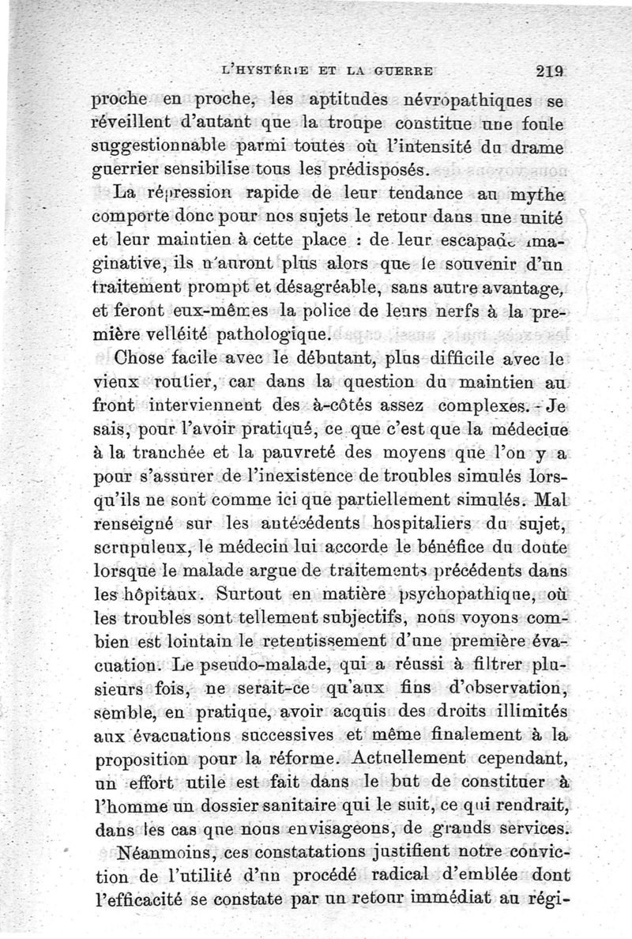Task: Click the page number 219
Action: coord(547,69)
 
